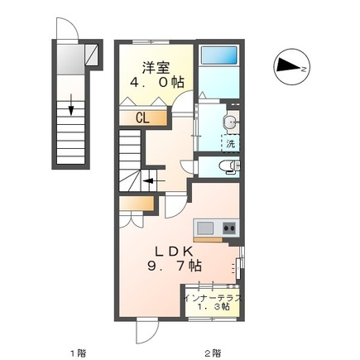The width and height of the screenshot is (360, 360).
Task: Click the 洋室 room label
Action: pyautogui.click(x=156, y=68)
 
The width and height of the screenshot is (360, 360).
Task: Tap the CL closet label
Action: pyautogui.click(x=142, y=118)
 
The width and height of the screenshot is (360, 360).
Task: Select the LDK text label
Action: pyautogui.click(x=174, y=252)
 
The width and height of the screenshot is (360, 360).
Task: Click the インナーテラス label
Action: pyautogui.click(x=214, y=298)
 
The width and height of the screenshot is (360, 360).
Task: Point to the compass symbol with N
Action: pyautogui.click(x=292, y=68)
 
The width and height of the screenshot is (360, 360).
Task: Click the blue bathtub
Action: pyautogui.click(x=218, y=55)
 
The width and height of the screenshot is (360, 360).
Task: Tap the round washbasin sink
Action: pyautogui.click(x=229, y=122)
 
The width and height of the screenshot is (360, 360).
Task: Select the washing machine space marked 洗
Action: pyautogui.click(x=231, y=143)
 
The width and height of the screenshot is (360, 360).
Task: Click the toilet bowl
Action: pyautogui.click(x=228, y=167)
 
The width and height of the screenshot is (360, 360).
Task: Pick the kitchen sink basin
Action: pyautogui.click(x=205, y=228)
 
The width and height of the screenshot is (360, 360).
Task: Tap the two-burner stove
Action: pyautogui.click(x=229, y=228)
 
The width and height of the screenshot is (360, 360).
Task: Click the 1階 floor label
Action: pyautogui.click(x=78, y=353)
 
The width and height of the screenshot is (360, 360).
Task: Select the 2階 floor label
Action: pyautogui.click(x=213, y=353)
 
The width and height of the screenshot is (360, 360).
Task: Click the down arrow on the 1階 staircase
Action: pyautogui.click(x=71, y=104)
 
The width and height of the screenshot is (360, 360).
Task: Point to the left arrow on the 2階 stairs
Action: pyautogui.click(x=154, y=181)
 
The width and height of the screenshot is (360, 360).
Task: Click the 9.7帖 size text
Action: pyautogui.click(x=175, y=266)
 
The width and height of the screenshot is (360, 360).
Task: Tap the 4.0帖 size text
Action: pyautogui.click(x=157, y=82)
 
